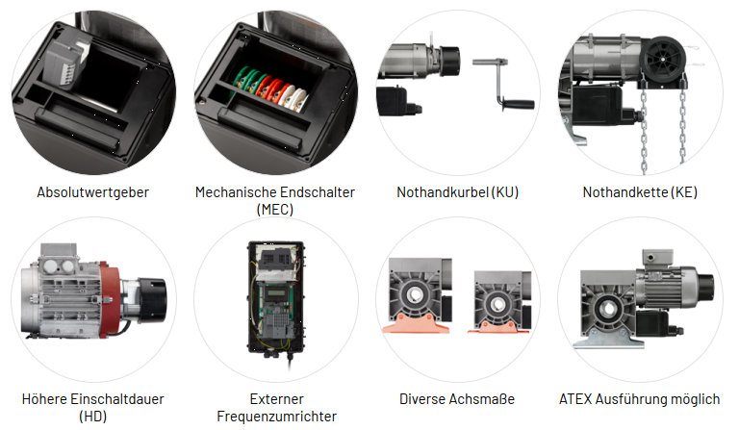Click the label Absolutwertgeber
point(92,192)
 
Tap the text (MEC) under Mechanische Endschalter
point(275,209)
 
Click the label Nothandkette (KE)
point(640,192)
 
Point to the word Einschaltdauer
point(116,399)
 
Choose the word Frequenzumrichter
point(277,417)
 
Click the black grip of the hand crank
point(518,103)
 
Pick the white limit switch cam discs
point(293,97)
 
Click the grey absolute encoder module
point(66,61)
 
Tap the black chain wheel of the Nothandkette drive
point(663,59)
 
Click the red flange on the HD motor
point(110,296)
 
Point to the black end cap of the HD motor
point(152,300)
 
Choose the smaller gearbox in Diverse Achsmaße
point(499,302)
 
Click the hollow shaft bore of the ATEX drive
point(608,309)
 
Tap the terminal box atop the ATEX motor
point(657,258)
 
